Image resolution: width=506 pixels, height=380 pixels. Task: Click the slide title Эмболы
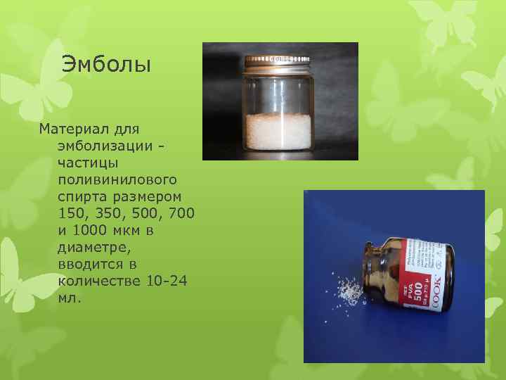point(106,65)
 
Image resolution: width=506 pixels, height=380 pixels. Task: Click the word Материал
point(70,129)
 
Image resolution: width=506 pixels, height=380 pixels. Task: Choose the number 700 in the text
point(181,213)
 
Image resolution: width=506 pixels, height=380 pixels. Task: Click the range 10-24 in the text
point(167,281)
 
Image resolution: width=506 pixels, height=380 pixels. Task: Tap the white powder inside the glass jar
point(278,129)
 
